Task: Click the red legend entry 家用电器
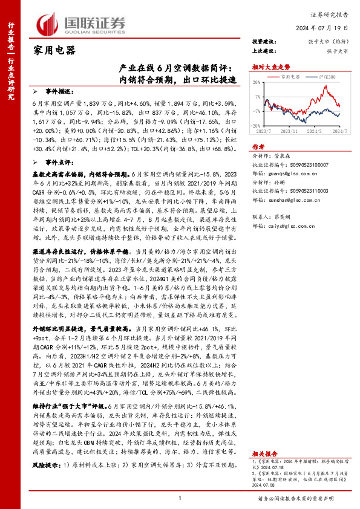(x=290, y=77)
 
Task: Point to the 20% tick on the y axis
(x=258, y=83)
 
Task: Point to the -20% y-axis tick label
(x=257, y=126)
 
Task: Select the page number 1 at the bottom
(x=180, y=498)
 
